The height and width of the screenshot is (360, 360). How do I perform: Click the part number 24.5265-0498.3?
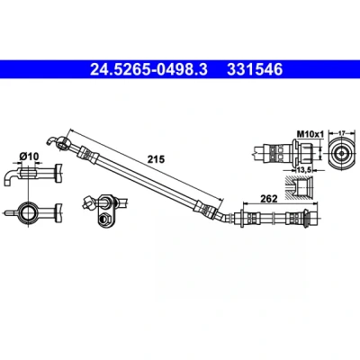pos(148,69)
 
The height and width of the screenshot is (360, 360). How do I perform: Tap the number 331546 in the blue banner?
pos(255,69)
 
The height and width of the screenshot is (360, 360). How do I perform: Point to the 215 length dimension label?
pos(156,159)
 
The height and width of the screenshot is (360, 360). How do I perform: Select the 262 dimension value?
pos(269,199)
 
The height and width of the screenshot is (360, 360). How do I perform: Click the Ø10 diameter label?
pos(29,156)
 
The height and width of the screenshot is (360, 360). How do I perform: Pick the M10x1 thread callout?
pos(310,134)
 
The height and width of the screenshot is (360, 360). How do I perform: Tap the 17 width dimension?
pos(342,132)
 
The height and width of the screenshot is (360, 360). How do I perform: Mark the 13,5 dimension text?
pos(303,170)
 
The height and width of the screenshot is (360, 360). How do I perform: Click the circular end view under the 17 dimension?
pos(342,153)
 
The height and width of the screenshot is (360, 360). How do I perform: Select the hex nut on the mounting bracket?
pos(104,219)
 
